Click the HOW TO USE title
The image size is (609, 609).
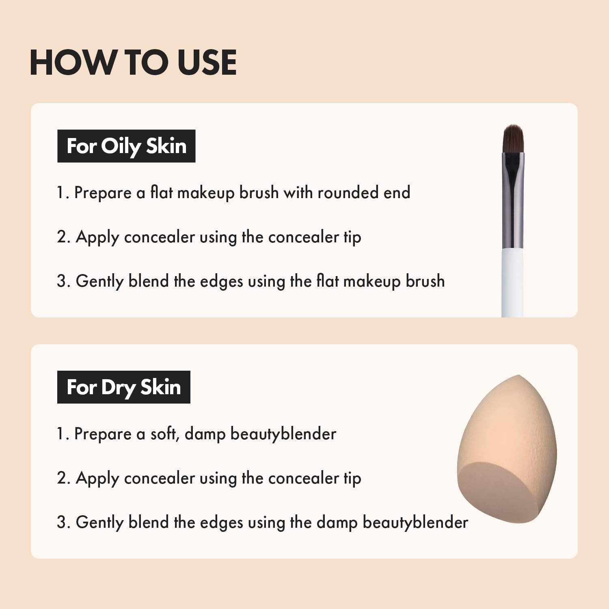click(133, 63)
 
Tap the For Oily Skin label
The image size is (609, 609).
click(126, 146)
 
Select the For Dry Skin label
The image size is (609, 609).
click(123, 387)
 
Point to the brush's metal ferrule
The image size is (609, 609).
click(513, 203)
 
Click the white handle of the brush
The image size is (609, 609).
click(512, 284)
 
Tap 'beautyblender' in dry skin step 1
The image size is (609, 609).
click(283, 434)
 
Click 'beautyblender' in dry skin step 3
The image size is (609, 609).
click(415, 522)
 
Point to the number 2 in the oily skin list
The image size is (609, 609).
click(63, 237)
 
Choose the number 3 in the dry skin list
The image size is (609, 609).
click(63, 523)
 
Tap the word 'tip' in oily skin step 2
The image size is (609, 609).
click(352, 238)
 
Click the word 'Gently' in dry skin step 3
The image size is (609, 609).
click(99, 523)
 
